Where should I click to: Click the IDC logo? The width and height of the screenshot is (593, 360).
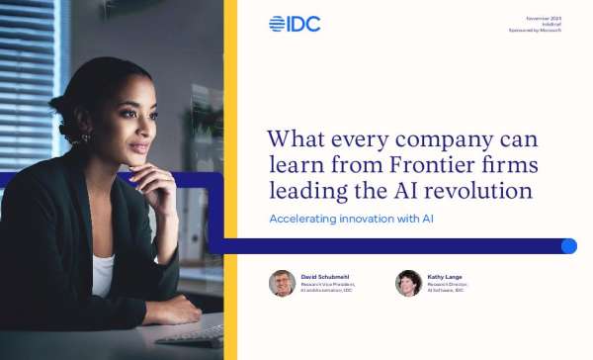tap(295, 24)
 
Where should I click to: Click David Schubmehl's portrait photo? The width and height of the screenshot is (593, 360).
tap(282, 284)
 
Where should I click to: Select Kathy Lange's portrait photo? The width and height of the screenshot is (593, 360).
tap(408, 284)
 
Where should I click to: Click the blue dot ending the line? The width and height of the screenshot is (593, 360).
tap(568, 246)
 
